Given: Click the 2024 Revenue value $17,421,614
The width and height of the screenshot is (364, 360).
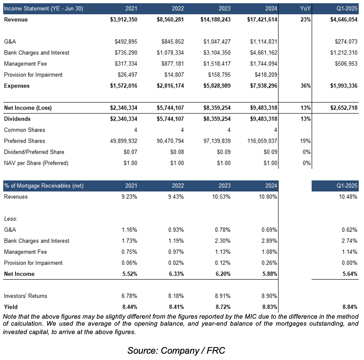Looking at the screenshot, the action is (262, 20).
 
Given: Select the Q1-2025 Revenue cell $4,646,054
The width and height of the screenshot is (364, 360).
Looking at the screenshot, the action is (344, 20).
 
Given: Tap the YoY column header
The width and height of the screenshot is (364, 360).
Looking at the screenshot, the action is (305, 9).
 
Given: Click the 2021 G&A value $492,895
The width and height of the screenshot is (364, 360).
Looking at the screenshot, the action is (126, 42).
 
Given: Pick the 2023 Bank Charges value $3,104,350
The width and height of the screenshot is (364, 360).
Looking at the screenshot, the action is (217, 53).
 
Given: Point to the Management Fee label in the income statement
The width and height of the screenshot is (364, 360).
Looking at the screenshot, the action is (25, 64).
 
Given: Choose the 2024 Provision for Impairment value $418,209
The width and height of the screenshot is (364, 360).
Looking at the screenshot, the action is (266, 75).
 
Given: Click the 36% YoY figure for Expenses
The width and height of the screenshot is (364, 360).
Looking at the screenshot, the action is (306, 86).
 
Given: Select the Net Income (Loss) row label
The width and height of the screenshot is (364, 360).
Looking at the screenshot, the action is (28, 108).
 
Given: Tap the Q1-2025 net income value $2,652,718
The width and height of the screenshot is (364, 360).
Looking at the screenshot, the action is (344, 108).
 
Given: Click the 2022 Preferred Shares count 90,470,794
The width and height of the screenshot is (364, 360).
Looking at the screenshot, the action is (170, 141).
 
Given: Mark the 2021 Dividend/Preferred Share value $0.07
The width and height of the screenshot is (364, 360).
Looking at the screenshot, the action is (130, 152).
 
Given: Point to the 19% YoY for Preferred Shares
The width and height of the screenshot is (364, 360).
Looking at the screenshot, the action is (306, 141).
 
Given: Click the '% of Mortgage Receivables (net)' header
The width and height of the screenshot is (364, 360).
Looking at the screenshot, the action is (44, 186).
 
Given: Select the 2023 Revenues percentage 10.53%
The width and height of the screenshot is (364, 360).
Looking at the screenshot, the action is (221, 197).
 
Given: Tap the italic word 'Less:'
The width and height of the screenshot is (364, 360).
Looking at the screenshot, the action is (11, 219).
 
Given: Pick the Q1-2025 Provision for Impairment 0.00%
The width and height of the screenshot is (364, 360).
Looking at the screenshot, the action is (349, 263).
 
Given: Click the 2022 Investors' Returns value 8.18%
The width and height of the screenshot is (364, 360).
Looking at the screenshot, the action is (176, 296).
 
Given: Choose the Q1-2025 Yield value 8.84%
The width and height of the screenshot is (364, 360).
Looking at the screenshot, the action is (350, 307).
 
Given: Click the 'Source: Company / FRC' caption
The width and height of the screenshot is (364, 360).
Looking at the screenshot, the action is (176, 351).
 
